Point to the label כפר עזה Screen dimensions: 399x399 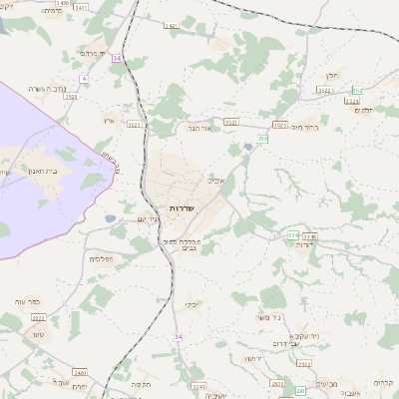point(27,300)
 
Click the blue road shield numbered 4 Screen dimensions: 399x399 point(84,77)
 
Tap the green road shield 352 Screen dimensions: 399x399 point(358,90)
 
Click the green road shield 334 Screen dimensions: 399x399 point(292,235)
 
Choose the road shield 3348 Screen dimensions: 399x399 point(308,235)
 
